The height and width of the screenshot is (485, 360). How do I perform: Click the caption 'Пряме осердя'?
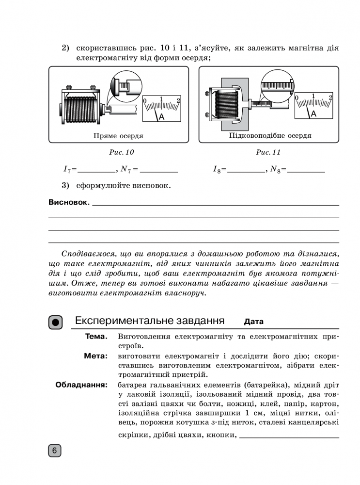(118, 136)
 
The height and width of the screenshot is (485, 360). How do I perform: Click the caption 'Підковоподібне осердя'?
(270, 136)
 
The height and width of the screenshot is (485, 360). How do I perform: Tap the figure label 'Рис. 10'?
(121, 152)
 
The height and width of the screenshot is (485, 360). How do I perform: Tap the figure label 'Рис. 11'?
(268, 152)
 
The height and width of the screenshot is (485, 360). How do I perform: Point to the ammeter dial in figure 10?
(161, 108)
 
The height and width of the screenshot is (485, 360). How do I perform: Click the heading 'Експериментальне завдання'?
(150, 321)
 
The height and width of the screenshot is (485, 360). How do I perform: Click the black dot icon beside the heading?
(56, 322)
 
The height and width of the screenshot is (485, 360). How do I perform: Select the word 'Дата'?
(254, 322)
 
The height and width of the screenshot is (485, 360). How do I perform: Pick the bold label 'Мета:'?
(95, 356)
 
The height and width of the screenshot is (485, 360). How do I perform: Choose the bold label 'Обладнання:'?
(81, 386)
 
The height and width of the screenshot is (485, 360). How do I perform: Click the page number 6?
(55, 451)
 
